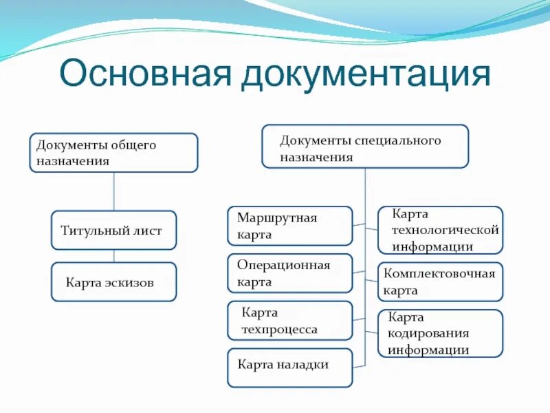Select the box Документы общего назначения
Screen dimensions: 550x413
pos(113,153)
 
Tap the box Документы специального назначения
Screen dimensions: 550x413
pos(364,147)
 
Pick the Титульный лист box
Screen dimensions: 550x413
pos(113,230)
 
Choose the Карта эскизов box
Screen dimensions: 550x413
pos(113,282)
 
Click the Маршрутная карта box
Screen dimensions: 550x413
pos(289,226)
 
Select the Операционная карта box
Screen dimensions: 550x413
pos(289,273)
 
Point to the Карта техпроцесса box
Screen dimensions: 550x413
pos(289,321)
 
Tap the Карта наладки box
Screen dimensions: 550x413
pos(289,368)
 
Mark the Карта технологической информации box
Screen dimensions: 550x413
pos(441,230)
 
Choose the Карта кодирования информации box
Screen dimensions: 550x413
pos(441,333)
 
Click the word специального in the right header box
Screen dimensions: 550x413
pos(399,140)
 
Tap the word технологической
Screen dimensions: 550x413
pos(445,230)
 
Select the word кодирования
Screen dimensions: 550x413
pos(428,333)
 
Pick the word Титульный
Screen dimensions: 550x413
pos(89,231)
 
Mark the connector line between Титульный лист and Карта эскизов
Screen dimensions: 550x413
pos(113,255)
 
